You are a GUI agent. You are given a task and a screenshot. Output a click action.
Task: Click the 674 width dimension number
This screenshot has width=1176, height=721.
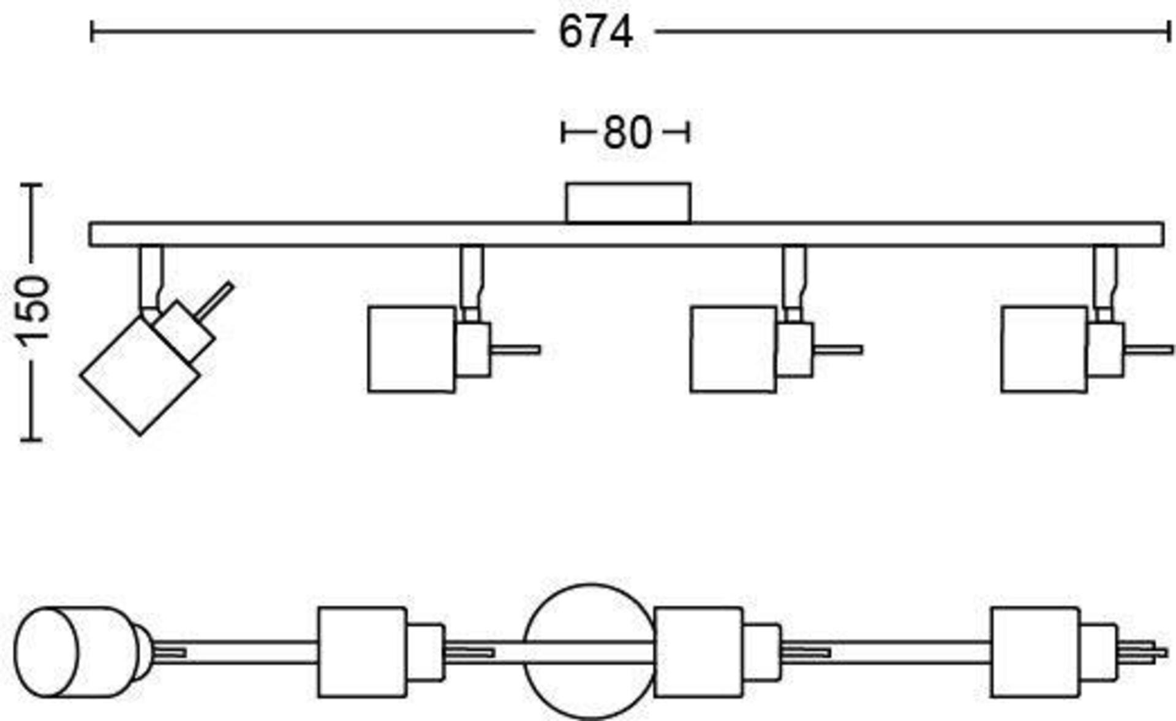point(595,32)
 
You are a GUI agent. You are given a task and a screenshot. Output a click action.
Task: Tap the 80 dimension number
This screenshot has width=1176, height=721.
point(627,132)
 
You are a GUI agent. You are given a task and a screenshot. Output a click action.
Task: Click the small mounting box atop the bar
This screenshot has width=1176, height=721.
point(628,203)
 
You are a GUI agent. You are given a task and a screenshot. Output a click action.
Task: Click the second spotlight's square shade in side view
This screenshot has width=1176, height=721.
point(412,349)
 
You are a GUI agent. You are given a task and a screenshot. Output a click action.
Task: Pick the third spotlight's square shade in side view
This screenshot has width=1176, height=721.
point(734,349)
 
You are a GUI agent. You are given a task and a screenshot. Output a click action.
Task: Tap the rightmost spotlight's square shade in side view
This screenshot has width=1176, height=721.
point(1044,349)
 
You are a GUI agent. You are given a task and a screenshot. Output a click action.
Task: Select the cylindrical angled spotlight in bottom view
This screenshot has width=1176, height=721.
point(80,652)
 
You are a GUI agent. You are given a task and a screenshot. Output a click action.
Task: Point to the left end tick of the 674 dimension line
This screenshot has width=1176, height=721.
point(92,31)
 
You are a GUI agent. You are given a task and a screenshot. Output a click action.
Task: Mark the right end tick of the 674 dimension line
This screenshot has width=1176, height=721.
point(1169,31)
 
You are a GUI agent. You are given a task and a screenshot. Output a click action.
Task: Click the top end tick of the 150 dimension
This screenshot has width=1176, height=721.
point(31,184)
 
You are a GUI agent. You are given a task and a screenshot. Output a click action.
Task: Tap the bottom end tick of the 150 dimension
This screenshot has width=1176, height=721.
point(31,439)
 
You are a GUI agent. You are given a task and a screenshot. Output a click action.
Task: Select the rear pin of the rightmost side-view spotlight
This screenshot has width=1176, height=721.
point(1150,350)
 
